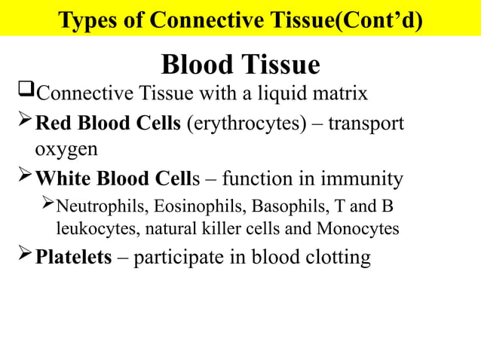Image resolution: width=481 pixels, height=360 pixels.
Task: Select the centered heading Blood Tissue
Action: [240, 65]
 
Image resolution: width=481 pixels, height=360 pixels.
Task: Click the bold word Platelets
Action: [75, 258]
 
